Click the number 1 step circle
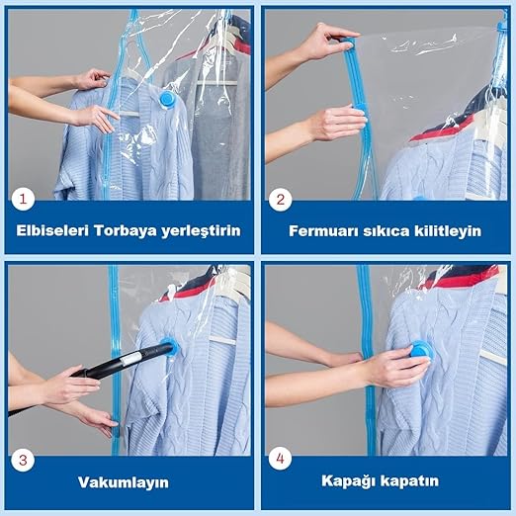click(23, 199)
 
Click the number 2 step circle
click(280, 200)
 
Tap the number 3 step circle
click(23, 460)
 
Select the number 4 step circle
click(280, 458)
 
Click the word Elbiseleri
click(52, 230)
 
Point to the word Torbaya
click(126, 230)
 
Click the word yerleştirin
click(201, 231)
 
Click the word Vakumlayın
click(124, 482)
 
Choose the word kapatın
click(405, 481)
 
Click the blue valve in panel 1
click(168, 99)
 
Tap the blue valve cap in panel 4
click(420, 351)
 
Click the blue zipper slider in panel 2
click(348, 42)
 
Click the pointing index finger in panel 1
click(111, 114)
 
